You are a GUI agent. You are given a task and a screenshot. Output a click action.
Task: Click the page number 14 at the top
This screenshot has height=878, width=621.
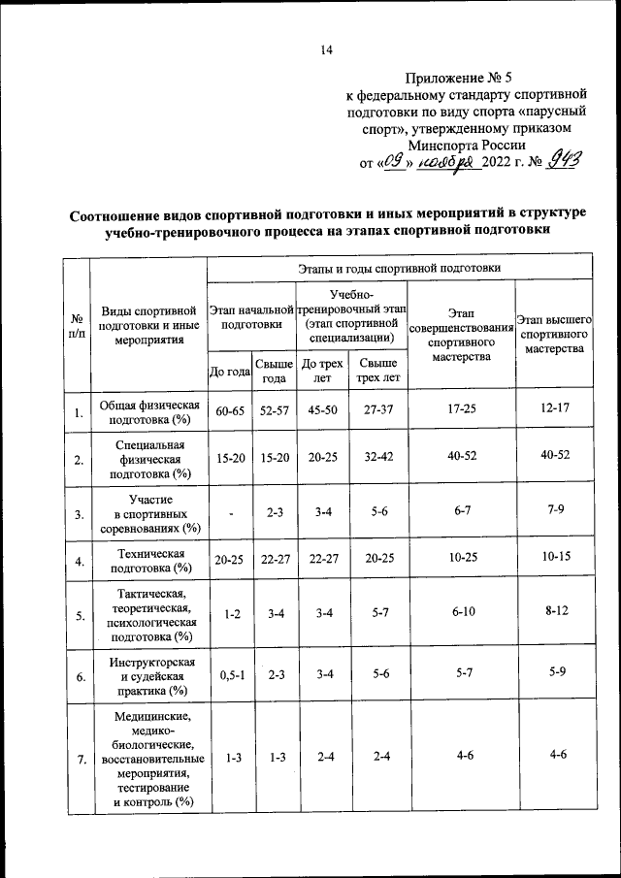pos(327,51)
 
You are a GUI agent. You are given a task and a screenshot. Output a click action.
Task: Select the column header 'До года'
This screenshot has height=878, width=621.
pos(230,371)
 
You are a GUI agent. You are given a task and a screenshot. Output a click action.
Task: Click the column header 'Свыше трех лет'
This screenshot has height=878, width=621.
pos(370,371)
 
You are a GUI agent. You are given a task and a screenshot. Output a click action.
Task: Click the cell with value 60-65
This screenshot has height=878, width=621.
pos(230,411)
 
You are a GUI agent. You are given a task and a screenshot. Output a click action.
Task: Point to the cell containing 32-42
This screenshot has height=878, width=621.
pos(370,457)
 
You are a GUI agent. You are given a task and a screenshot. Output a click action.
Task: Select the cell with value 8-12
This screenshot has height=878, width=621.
pos(554,612)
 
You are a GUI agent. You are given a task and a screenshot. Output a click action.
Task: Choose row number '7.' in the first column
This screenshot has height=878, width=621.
pos(76,760)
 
